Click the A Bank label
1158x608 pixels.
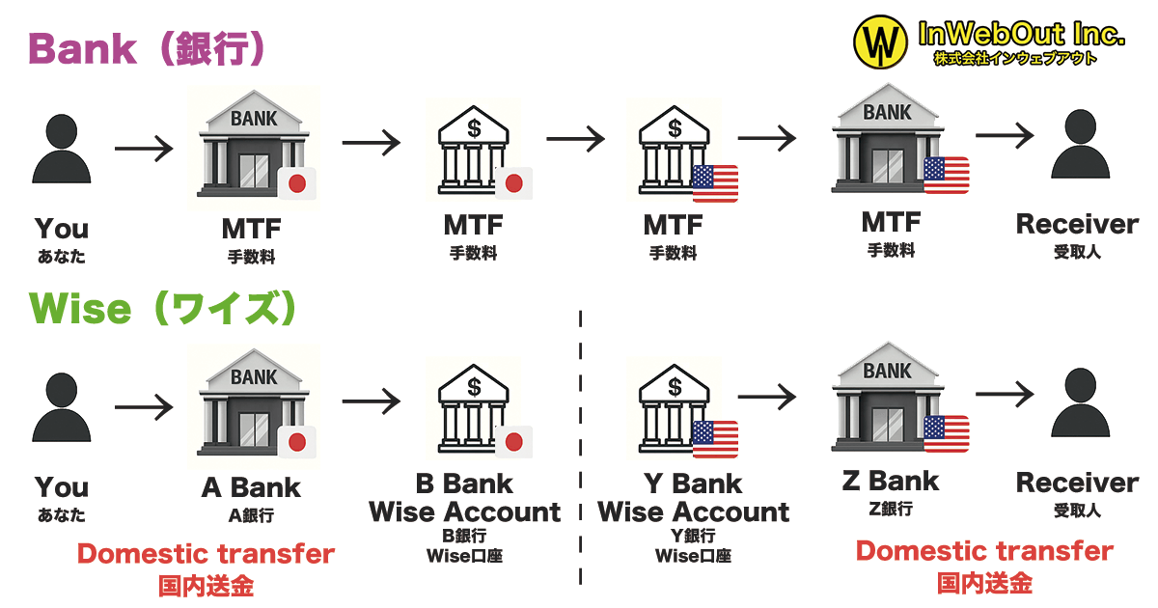251,487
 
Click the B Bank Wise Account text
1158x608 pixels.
464,498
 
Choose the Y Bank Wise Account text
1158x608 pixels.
693,498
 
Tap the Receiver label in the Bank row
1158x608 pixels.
1077,225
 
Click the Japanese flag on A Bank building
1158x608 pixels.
297,443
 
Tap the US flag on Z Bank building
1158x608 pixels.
946,434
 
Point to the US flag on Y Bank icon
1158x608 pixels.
715,439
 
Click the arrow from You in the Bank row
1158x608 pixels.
143,149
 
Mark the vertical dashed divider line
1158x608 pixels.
581,444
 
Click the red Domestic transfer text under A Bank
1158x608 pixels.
206,555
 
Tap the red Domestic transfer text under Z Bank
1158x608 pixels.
984,551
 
